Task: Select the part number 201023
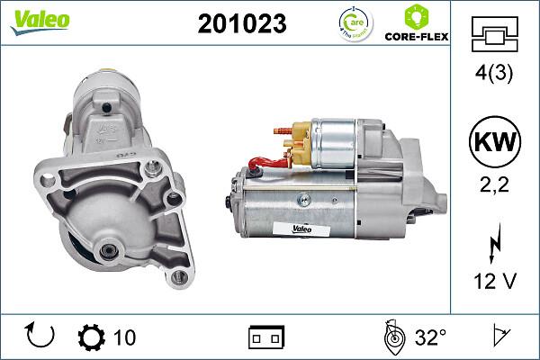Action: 241,24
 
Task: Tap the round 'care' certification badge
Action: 353,24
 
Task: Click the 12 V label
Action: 494,282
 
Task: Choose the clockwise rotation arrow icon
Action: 41,336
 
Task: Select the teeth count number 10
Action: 125,337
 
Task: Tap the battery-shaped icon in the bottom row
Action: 266,337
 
